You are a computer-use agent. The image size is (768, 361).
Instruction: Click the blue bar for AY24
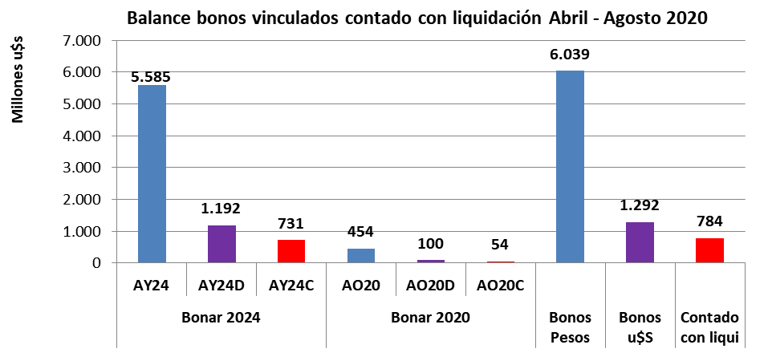152,174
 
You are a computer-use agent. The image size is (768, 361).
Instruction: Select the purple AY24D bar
221,244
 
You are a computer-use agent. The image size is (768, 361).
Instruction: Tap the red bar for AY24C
291,251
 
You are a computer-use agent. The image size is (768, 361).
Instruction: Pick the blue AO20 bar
360,256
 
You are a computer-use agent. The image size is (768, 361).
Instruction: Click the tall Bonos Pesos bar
570,167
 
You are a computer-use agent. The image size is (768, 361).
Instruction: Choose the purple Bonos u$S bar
640,242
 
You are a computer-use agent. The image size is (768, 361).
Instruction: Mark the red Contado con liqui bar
709,250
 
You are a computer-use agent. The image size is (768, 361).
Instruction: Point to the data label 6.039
571,55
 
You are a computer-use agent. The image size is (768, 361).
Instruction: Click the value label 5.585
151,78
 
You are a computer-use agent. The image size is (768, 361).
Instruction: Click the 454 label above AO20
360,233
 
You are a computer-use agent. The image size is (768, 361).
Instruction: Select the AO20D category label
430,284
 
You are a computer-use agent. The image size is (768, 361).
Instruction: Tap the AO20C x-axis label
500,284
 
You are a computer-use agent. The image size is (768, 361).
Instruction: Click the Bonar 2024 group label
221,317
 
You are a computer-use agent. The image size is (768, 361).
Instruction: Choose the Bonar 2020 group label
430,317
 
